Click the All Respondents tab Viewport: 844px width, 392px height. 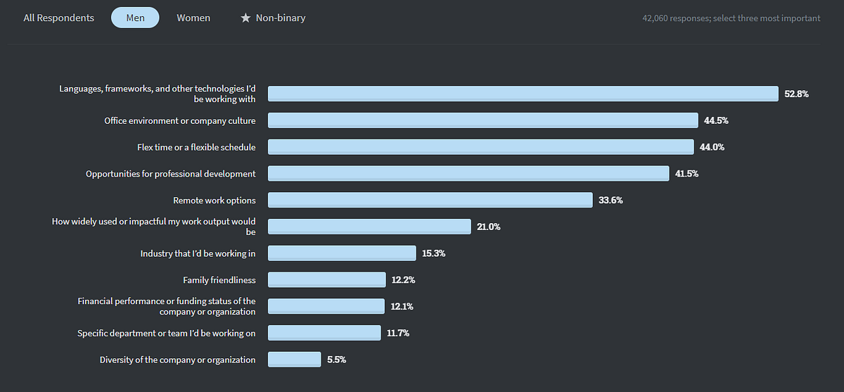click(58, 18)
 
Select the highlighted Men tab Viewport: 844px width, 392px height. click(135, 18)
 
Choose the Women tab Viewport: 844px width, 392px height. click(193, 18)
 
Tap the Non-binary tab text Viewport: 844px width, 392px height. click(281, 18)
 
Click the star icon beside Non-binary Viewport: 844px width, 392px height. click(245, 18)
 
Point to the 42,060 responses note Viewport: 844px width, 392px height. click(731, 18)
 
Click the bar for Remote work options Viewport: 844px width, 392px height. click(430, 200)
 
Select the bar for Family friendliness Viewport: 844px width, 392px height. click(326, 279)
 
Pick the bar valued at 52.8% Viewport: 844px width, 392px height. click(523, 94)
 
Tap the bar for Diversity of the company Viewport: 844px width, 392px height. click(294, 359)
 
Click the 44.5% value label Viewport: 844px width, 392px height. click(716, 120)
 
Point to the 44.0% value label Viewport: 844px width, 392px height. click(712, 147)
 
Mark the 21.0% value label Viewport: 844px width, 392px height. click(489, 227)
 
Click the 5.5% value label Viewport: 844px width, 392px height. click(336, 359)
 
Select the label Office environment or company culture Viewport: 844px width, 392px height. click(180, 120)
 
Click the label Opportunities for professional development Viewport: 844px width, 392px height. click(171, 173)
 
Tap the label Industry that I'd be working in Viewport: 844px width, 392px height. click(198, 253)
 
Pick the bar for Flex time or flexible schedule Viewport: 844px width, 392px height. click(481, 147)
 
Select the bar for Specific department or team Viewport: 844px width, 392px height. click(324, 332)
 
